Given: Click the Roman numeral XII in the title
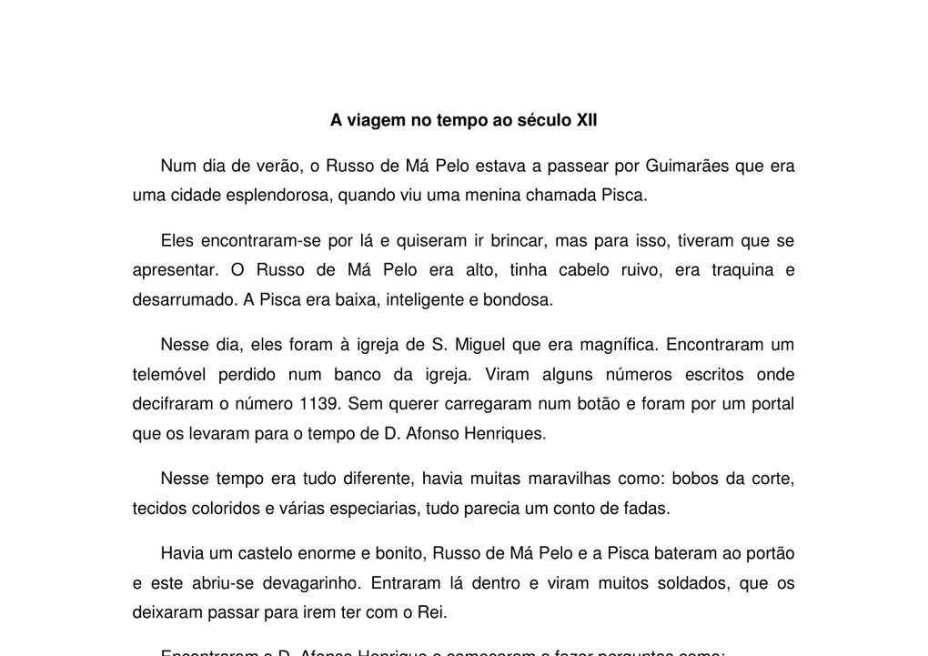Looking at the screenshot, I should coord(587,120).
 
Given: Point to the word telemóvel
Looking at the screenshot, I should coord(169,374).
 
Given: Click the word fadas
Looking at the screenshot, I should coord(648,508).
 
